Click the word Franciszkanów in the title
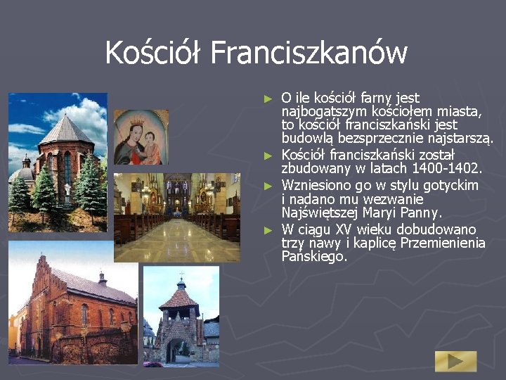point(309,53)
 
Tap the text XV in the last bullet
point(343,230)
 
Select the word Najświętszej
point(320,212)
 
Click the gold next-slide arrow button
point(455,361)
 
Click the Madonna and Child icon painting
point(141,137)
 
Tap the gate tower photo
point(181,317)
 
